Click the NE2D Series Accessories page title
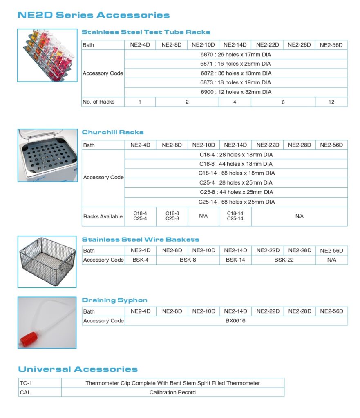(x=93, y=16)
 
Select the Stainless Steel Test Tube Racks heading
(x=146, y=32)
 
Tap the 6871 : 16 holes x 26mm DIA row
(x=235, y=64)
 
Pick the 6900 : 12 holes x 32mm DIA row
(x=235, y=92)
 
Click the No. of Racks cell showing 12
(x=331, y=102)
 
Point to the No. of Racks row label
(x=98, y=102)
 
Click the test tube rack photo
(x=47, y=55)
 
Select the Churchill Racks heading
(x=113, y=132)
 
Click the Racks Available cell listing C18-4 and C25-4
(x=140, y=216)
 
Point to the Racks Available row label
(x=103, y=216)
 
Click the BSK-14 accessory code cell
(x=235, y=260)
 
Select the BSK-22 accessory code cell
(x=284, y=260)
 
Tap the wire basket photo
(x=47, y=261)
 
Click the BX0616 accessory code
(x=235, y=321)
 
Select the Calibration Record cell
(x=172, y=392)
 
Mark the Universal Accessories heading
(x=78, y=369)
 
